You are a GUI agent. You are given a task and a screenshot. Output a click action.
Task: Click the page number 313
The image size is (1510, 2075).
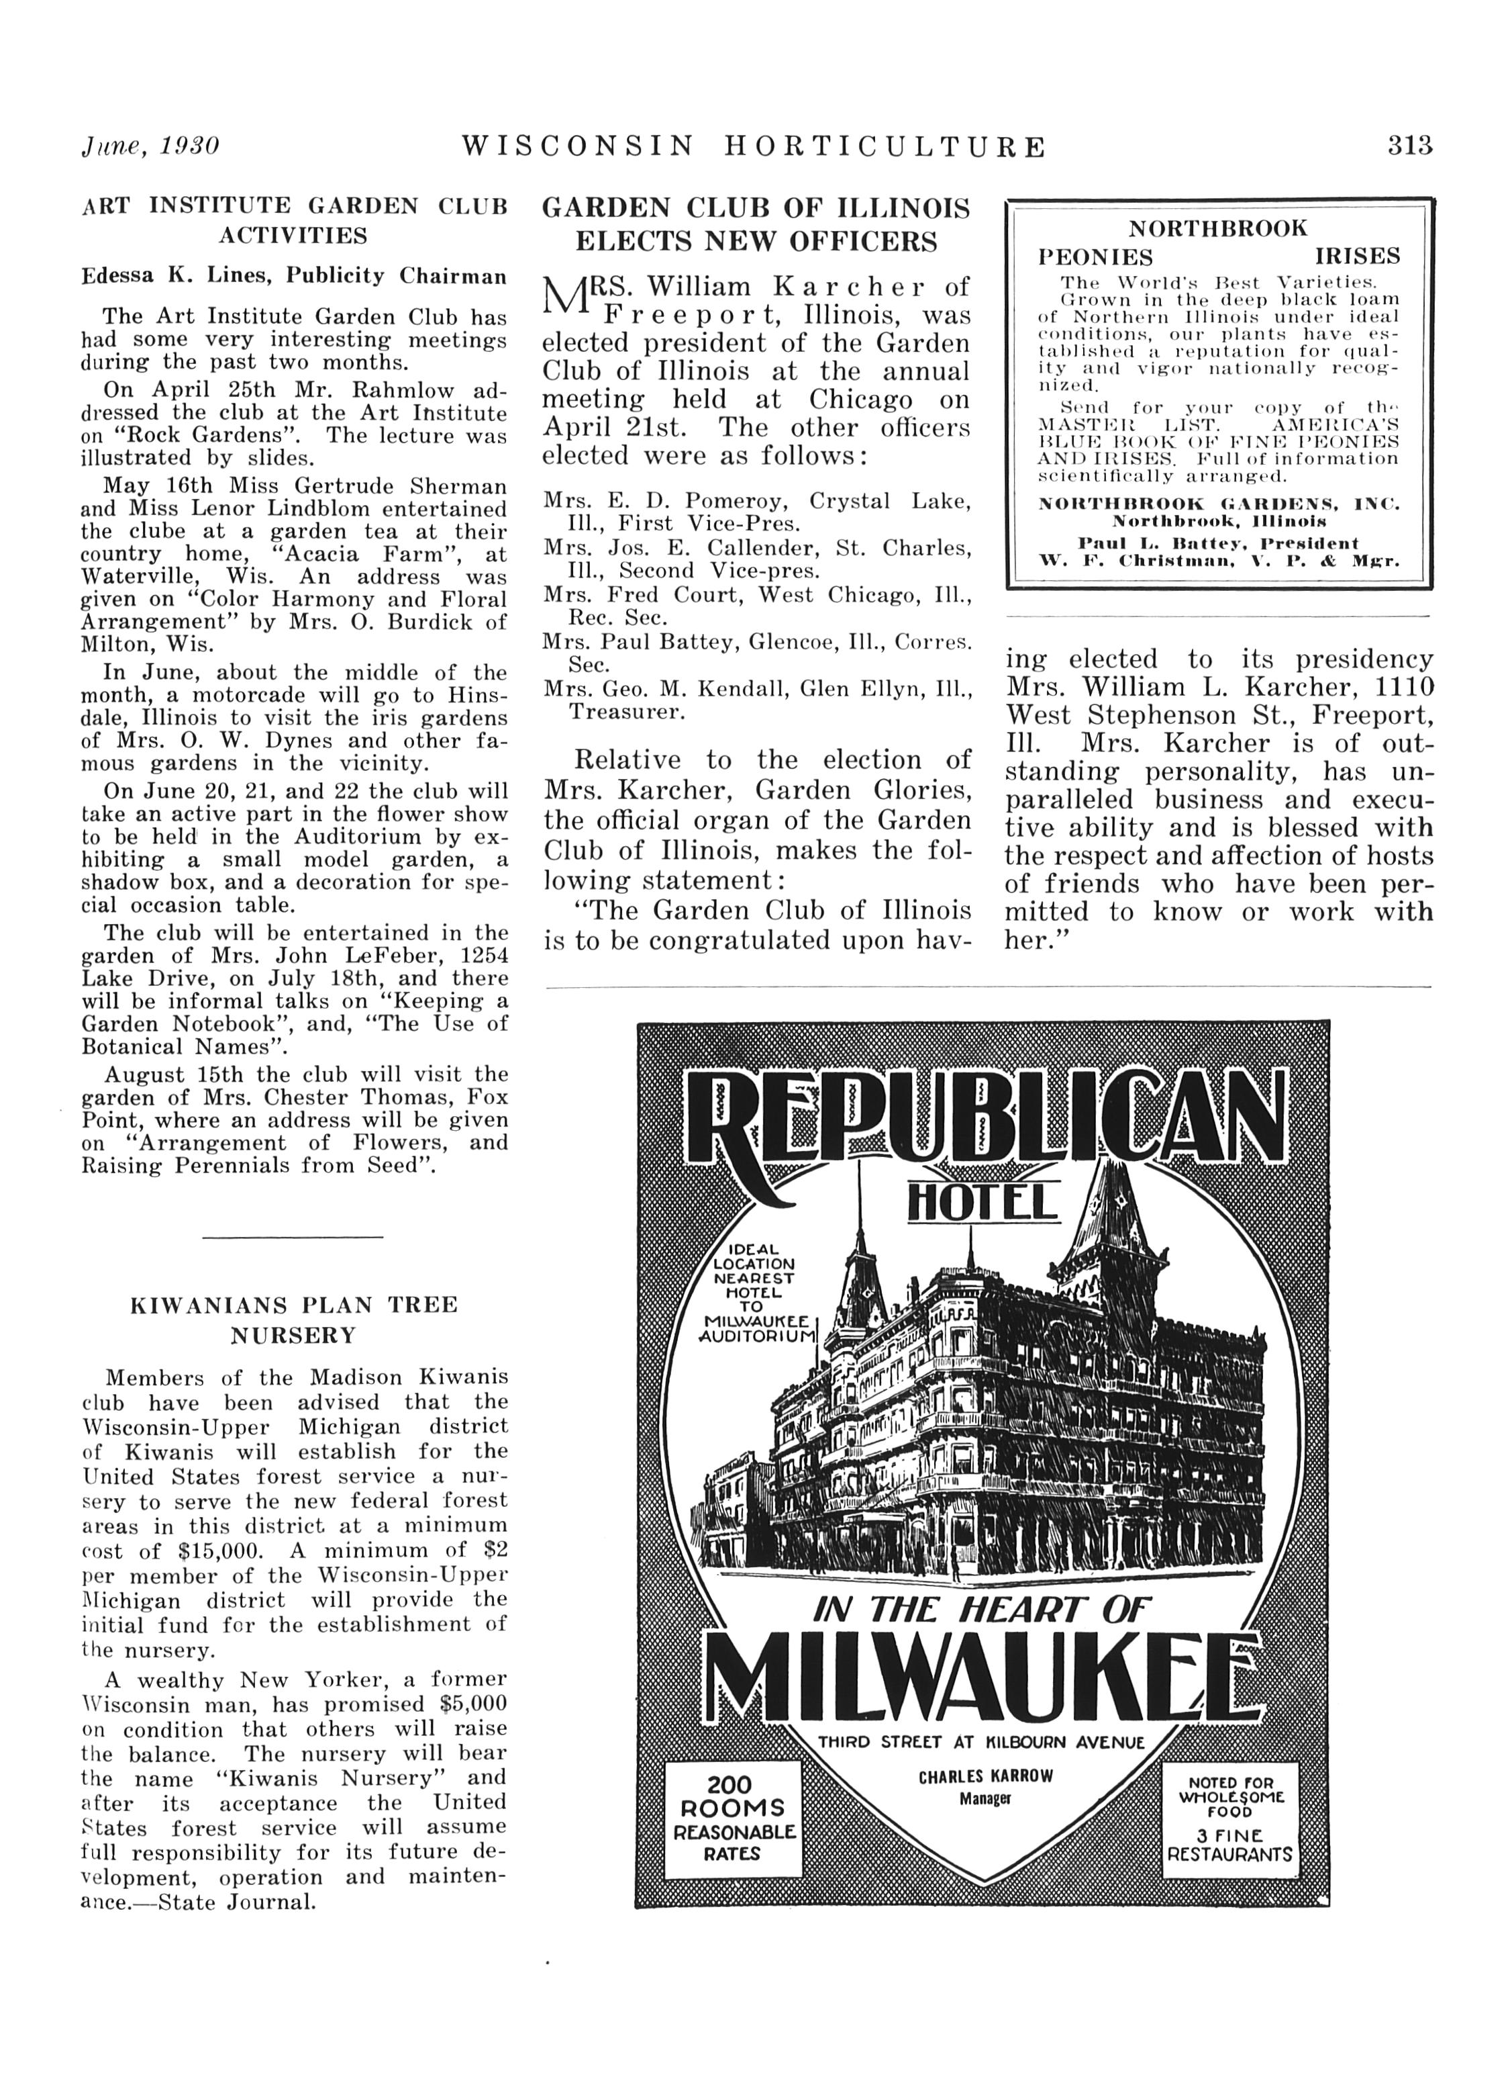tap(1409, 146)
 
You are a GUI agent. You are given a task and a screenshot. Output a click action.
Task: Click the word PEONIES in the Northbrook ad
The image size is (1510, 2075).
tap(1096, 257)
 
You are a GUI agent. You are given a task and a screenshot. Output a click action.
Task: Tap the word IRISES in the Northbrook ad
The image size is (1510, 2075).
tap(1357, 257)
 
